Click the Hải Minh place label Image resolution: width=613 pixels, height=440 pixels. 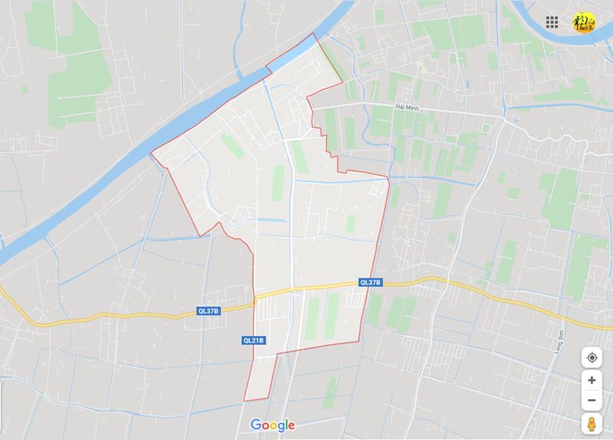[x=406, y=108]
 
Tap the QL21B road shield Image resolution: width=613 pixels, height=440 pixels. [x=254, y=340]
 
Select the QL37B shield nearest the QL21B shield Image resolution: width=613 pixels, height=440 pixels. [x=209, y=311]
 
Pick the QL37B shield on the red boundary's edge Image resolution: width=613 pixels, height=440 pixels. [x=371, y=283]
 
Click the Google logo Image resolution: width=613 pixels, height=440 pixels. [x=272, y=425]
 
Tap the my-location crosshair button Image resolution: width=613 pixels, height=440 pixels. [x=592, y=357]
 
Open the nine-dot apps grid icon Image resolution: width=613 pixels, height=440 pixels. [x=552, y=22]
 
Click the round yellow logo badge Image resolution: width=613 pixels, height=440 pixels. [x=584, y=22]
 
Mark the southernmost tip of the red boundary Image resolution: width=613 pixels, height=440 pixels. [x=244, y=401]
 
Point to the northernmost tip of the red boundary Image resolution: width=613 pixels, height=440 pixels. [x=313, y=33]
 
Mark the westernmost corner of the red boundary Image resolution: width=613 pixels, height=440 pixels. [x=151, y=154]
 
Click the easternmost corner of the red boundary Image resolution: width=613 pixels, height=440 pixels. [x=389, y=179]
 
